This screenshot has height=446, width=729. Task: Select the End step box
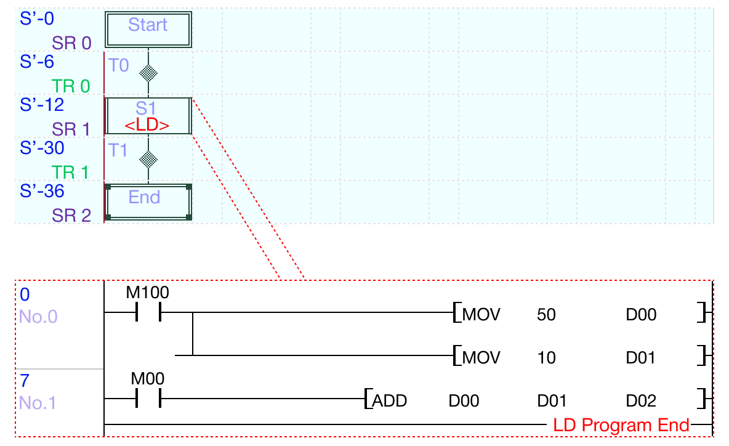click(x=148, y=201)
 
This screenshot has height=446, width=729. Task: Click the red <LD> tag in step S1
click(x=147, y=125)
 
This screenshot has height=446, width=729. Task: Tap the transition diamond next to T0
click(x=148, y=73)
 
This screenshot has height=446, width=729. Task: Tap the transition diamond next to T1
click(x=148, y=160)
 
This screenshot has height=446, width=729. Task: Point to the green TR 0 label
click(x=71, y=86)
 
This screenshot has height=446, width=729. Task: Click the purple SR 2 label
click(x=71, y=216)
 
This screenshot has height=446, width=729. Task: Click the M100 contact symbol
click(x=147, y=312)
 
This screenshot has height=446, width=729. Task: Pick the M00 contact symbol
click(x=147, y=399)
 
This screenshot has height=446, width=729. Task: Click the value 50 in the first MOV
click(x=546, y=315)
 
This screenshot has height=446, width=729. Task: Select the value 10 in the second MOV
click(x=546, y=358)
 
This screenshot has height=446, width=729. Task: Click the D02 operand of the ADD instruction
click(x=641, y=401)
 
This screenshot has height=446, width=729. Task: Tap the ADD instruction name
click(x=390, y=401)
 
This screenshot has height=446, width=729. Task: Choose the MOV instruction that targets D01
click(x=481, y=358)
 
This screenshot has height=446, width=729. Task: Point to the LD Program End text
click(x=621, y=425)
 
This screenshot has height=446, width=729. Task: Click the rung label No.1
click(x=38, y=403)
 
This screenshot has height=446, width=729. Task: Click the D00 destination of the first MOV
click(x=641, y=315)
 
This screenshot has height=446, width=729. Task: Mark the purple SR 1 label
click(x=71, y=129)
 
